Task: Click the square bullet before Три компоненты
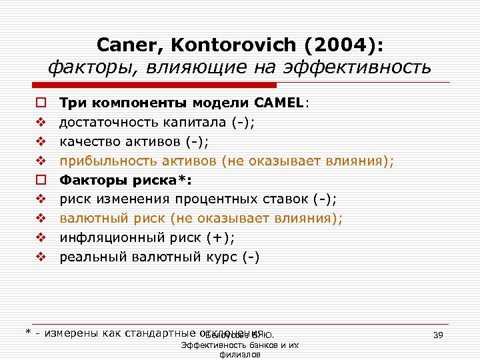(x=40, y=103)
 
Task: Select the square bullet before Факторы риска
(x=40, y=180)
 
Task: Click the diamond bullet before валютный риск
(x=40, y=219)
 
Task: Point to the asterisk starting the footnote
(x=28, y=332)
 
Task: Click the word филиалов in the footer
(x=239, y=355)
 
